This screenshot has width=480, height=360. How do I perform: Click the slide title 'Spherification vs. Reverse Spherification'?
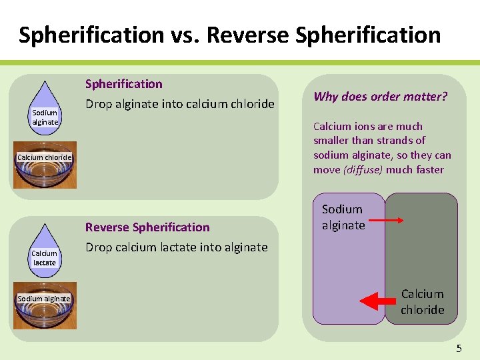point(229,34)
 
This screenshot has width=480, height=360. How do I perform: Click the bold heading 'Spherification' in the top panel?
point(123,84)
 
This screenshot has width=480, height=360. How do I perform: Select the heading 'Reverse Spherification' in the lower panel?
point(147,227)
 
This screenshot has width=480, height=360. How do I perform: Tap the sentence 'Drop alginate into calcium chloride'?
point(179,104)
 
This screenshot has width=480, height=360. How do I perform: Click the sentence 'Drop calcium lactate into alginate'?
point(176,247)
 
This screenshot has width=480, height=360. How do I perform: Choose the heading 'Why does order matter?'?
point(380,97)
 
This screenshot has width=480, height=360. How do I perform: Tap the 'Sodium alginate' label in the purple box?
point(343,217)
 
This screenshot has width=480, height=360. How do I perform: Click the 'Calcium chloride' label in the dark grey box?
point(422,301)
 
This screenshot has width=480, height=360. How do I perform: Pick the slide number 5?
point(458,348)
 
